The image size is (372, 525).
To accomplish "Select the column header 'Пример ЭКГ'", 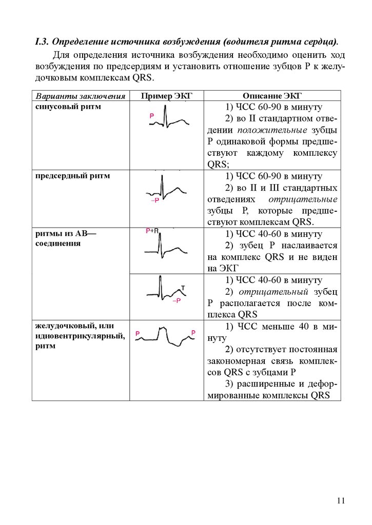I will coord(166,96).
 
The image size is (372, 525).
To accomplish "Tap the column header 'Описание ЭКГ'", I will coord(272,96).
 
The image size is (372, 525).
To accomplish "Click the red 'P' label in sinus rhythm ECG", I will coord(152,117).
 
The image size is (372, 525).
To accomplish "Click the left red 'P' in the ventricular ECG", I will coord(138,334).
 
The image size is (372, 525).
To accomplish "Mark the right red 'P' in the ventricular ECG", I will coord(193,333).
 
